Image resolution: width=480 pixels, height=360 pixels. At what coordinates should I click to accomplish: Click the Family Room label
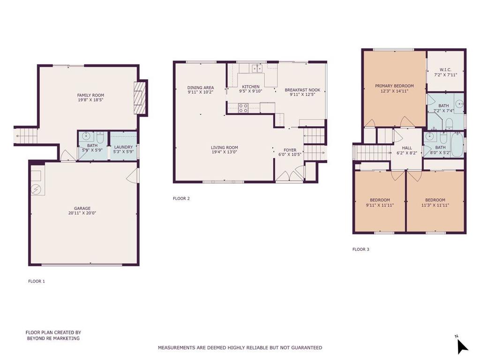(x=90, y=95)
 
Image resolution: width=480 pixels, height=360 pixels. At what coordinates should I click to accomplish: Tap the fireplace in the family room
(x=141, y=97)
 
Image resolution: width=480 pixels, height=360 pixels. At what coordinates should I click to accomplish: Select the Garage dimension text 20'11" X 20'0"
(x=82, y=213)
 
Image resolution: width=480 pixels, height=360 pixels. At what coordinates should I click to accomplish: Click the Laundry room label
(x=123, y=147)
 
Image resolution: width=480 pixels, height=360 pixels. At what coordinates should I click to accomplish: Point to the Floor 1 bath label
(x=92, y=146)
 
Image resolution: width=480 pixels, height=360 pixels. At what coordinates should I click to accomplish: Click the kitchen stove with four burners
(x=243, y=108)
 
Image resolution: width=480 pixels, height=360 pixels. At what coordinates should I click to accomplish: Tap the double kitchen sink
(x=257, y=68)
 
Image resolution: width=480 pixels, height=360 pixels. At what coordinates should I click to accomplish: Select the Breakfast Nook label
(x=302, y=90)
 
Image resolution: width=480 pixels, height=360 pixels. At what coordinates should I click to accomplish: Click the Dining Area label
(x=201, y=88)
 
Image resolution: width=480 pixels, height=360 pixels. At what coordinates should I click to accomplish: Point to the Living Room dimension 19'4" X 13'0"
(x=225, y=152)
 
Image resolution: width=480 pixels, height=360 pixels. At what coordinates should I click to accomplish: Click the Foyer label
(x=290, y=150)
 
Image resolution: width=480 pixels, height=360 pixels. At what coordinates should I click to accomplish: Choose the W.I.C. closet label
(x=445, y=70)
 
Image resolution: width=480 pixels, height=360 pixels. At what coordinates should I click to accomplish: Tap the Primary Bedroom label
(x=394, y=86)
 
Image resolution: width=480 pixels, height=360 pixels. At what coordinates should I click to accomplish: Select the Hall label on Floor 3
(x=407, y=148)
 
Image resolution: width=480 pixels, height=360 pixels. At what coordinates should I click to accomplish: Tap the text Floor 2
(x=181, y=198)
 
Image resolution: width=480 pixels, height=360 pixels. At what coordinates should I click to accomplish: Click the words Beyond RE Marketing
(x=53, y=338)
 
